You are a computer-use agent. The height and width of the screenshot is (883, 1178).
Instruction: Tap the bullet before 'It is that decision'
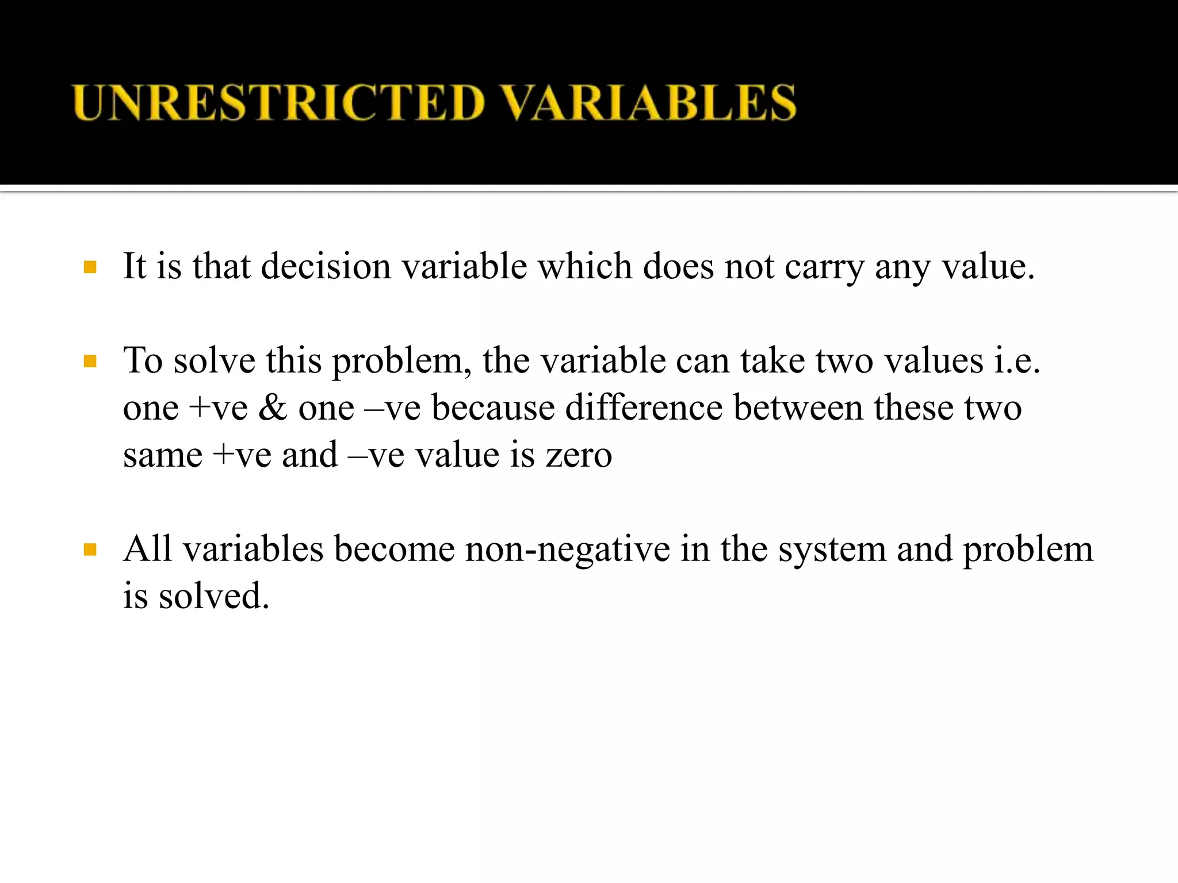[x=90, y=267]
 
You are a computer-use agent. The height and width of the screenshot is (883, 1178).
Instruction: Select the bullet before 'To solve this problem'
[x=90, y=362]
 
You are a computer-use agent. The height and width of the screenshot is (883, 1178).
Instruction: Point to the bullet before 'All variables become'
[x=90, y=550]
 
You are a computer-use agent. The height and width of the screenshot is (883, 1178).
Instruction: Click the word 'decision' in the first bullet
[x=326, y=267]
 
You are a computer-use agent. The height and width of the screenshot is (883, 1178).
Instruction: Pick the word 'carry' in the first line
[x=824, y=268]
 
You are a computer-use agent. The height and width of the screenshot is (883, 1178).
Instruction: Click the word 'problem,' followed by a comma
[x=402, y=362]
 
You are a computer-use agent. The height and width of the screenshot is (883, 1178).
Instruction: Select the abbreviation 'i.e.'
[x=1018, y=361]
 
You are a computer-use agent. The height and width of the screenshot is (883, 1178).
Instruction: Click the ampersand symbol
[x=273, y=408]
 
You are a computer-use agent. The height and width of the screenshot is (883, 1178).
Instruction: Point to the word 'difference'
[x=644, y=408]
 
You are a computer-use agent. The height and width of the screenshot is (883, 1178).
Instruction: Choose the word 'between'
[x=798, y=408]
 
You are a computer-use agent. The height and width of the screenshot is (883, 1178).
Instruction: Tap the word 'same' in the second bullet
[x=163, y=455]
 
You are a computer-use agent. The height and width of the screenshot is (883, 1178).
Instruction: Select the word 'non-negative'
[x=567, y=550]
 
